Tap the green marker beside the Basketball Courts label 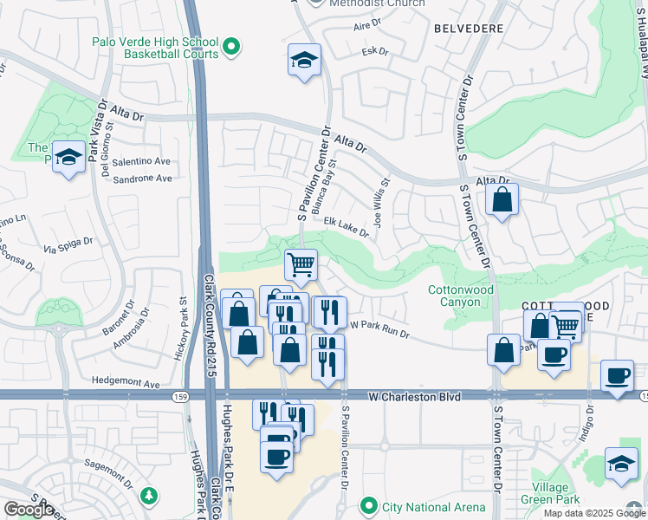click(232, 47)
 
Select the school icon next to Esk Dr click(304, 61)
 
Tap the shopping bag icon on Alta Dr click(502, 201)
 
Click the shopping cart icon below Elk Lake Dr click(301, 264)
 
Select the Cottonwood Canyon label click(460, 296)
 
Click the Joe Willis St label click(379, 204)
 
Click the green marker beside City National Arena click(370, 504)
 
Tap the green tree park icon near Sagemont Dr click(151, 495)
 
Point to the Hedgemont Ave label click(127, 383)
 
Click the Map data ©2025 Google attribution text click(593, 513)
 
